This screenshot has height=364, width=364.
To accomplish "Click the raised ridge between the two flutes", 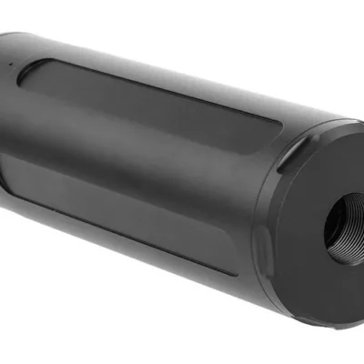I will [136, 146].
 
